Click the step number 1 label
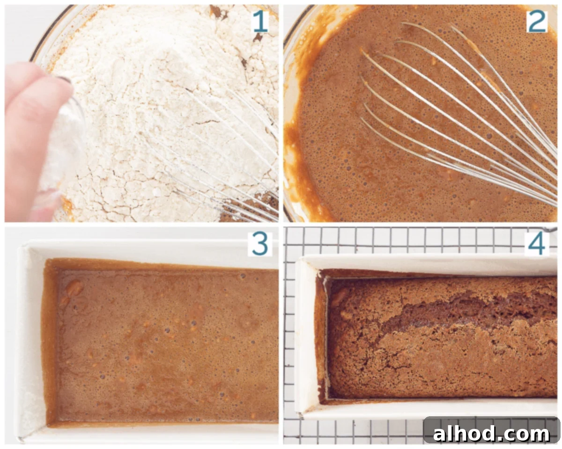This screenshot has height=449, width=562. [x=260, y=22]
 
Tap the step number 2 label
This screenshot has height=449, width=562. [x=537, y=22]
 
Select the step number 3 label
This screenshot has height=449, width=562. [x=260, y=244]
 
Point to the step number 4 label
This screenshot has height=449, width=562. [x=536, y=244]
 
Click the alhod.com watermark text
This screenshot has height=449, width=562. [x=491, y=434]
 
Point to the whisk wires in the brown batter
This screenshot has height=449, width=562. [x=459, y=112]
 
